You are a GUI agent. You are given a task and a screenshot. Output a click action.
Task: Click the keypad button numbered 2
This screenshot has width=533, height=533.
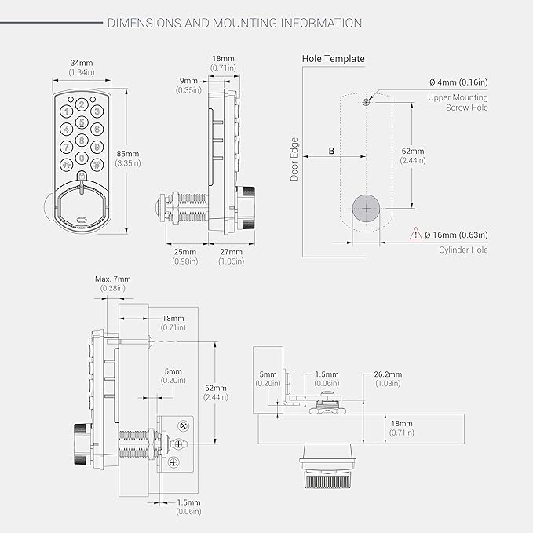coord(82,104)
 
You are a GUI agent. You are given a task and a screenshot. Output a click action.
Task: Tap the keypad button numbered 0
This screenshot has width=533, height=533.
coord(82,158)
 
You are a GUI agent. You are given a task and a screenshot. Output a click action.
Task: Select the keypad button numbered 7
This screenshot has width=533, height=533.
coord(66,148)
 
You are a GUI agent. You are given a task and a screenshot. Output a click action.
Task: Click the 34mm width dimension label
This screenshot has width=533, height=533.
coord(82,63)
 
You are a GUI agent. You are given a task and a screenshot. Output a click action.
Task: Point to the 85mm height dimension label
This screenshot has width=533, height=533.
coord(128,154)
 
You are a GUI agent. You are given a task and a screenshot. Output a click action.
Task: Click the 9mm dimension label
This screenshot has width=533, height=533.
coord(188,81)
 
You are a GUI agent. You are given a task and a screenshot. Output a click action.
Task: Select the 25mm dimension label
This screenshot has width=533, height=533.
coord(185,252)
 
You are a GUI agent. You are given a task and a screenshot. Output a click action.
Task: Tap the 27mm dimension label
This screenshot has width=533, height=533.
coord(231,252)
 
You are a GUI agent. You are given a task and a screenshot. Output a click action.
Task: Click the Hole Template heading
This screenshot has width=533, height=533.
coord(334,59)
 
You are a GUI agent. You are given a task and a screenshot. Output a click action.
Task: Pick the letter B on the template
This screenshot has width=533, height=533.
coord(331,151)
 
